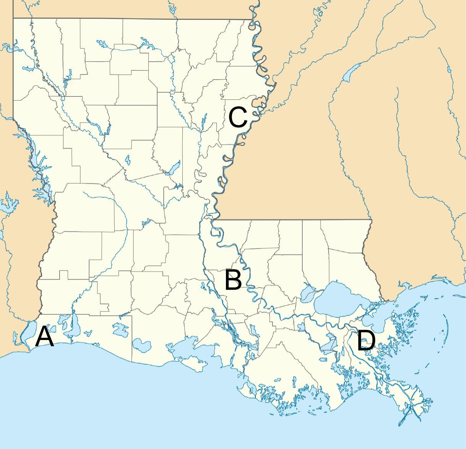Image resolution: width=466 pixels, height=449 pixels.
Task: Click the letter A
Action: (x=44, y=337)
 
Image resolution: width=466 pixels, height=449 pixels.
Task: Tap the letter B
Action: (x=233, y=280)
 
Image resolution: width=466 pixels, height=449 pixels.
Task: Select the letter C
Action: (x=238, y=117)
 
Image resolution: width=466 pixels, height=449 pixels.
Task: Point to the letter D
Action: (x=366, y=341)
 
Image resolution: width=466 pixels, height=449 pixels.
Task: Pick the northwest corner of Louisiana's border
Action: (x=14, y=18)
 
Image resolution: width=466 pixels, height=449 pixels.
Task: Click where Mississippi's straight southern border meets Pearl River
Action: (x=371, y=220)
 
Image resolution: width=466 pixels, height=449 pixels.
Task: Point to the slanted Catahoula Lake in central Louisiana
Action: (x=174, y=168)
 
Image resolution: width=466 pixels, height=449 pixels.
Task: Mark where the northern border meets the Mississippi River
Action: (x=252, y=20)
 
